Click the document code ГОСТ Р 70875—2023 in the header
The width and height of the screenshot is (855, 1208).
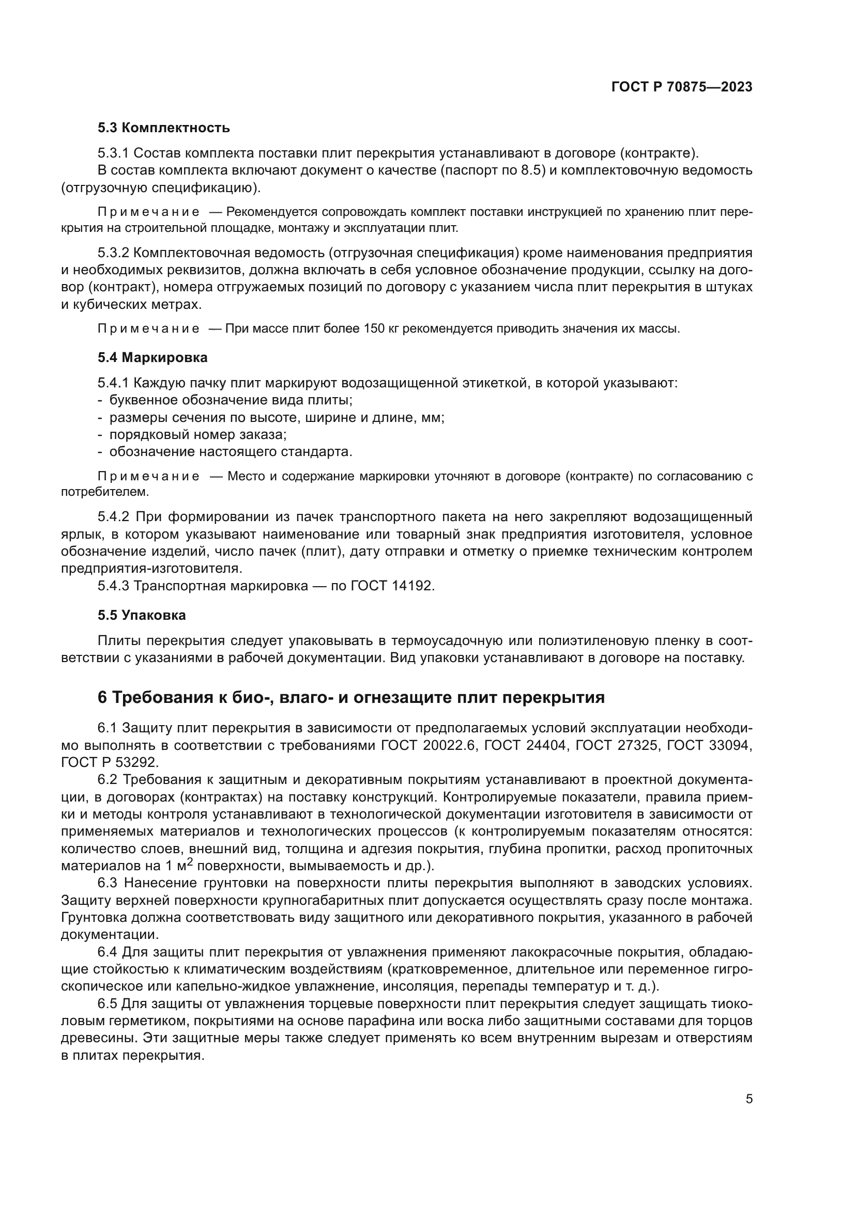[682, 87]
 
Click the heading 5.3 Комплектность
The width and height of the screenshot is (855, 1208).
[164, 128]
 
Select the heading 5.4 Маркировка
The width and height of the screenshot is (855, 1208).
[152, 358]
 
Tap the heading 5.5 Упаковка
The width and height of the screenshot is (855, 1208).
[142, 616]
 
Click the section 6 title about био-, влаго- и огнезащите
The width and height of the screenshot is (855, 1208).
[351, 698]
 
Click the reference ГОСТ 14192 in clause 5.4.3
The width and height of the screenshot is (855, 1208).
[392, 586]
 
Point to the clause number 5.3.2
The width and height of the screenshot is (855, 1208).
[113, 253]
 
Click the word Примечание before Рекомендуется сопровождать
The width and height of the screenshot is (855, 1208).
[148, 212]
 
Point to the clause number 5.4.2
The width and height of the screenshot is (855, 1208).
[113, 517]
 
